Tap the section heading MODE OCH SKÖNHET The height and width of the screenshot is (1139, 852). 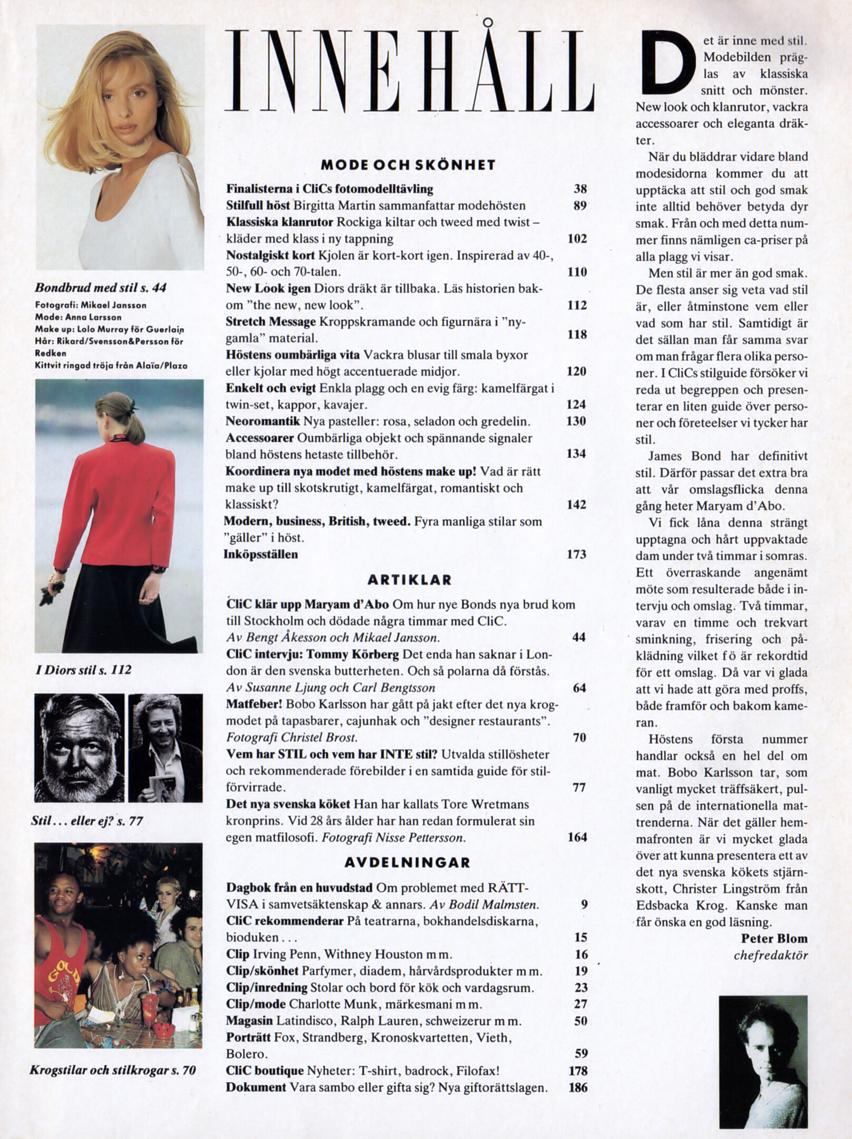[408, 165]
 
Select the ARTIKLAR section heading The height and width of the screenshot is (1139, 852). [409, 580]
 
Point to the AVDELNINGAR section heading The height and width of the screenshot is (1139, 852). [407, 862]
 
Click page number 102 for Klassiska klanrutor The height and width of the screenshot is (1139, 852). [577, 239]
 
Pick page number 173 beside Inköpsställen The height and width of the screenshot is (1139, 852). [576, 554]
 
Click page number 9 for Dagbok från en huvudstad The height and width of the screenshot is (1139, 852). [584, 905]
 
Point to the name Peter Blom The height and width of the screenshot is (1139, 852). [774, 938]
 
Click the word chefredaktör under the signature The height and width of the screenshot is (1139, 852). [770, 955]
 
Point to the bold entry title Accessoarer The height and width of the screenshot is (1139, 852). [259, 438]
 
